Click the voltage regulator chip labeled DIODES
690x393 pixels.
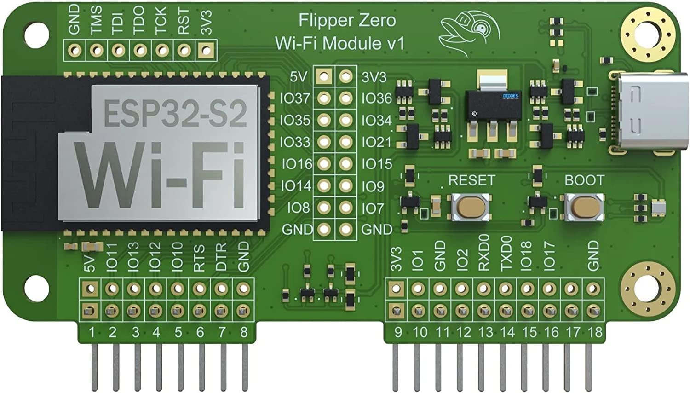[493, 105]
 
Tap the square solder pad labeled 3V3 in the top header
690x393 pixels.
[207, 49]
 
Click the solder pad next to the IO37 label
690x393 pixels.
[324, 98]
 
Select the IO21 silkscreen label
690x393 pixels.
[376, 142]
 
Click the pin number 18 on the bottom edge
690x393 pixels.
[595, 332]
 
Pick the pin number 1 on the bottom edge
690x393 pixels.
[92, 332]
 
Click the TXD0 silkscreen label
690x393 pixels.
[506, 253]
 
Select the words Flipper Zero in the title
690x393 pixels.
[347, 20]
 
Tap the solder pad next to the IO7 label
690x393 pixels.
[345, 208]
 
